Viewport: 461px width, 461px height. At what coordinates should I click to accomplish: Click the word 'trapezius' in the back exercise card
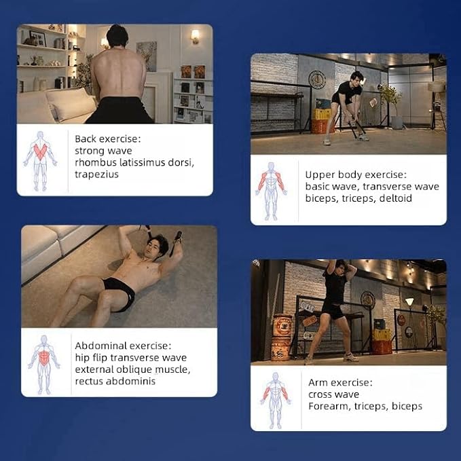tap(96, 174)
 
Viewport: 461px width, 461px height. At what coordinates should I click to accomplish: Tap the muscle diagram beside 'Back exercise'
tap(40, 161)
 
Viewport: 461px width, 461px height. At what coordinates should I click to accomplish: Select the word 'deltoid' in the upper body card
tap(395, 198)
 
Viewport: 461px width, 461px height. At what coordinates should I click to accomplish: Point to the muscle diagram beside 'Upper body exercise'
tap(271, 191)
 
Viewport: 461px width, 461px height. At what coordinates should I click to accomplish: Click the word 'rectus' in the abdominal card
tap(89, 382)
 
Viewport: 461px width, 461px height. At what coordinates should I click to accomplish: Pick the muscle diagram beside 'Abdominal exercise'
tap(44, 365)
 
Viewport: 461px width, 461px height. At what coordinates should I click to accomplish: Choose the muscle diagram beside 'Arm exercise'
tap(275, 401)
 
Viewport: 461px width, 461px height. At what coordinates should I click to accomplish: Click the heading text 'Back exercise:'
tap(107, 139)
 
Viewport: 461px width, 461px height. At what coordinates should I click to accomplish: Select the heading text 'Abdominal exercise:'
tap(123, 346)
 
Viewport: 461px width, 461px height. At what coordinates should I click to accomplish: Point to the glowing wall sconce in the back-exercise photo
tap(195, 36)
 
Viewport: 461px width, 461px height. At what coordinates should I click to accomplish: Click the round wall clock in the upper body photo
tap(317, 79)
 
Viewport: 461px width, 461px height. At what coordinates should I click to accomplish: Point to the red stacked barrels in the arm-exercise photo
tap(282, 337)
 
